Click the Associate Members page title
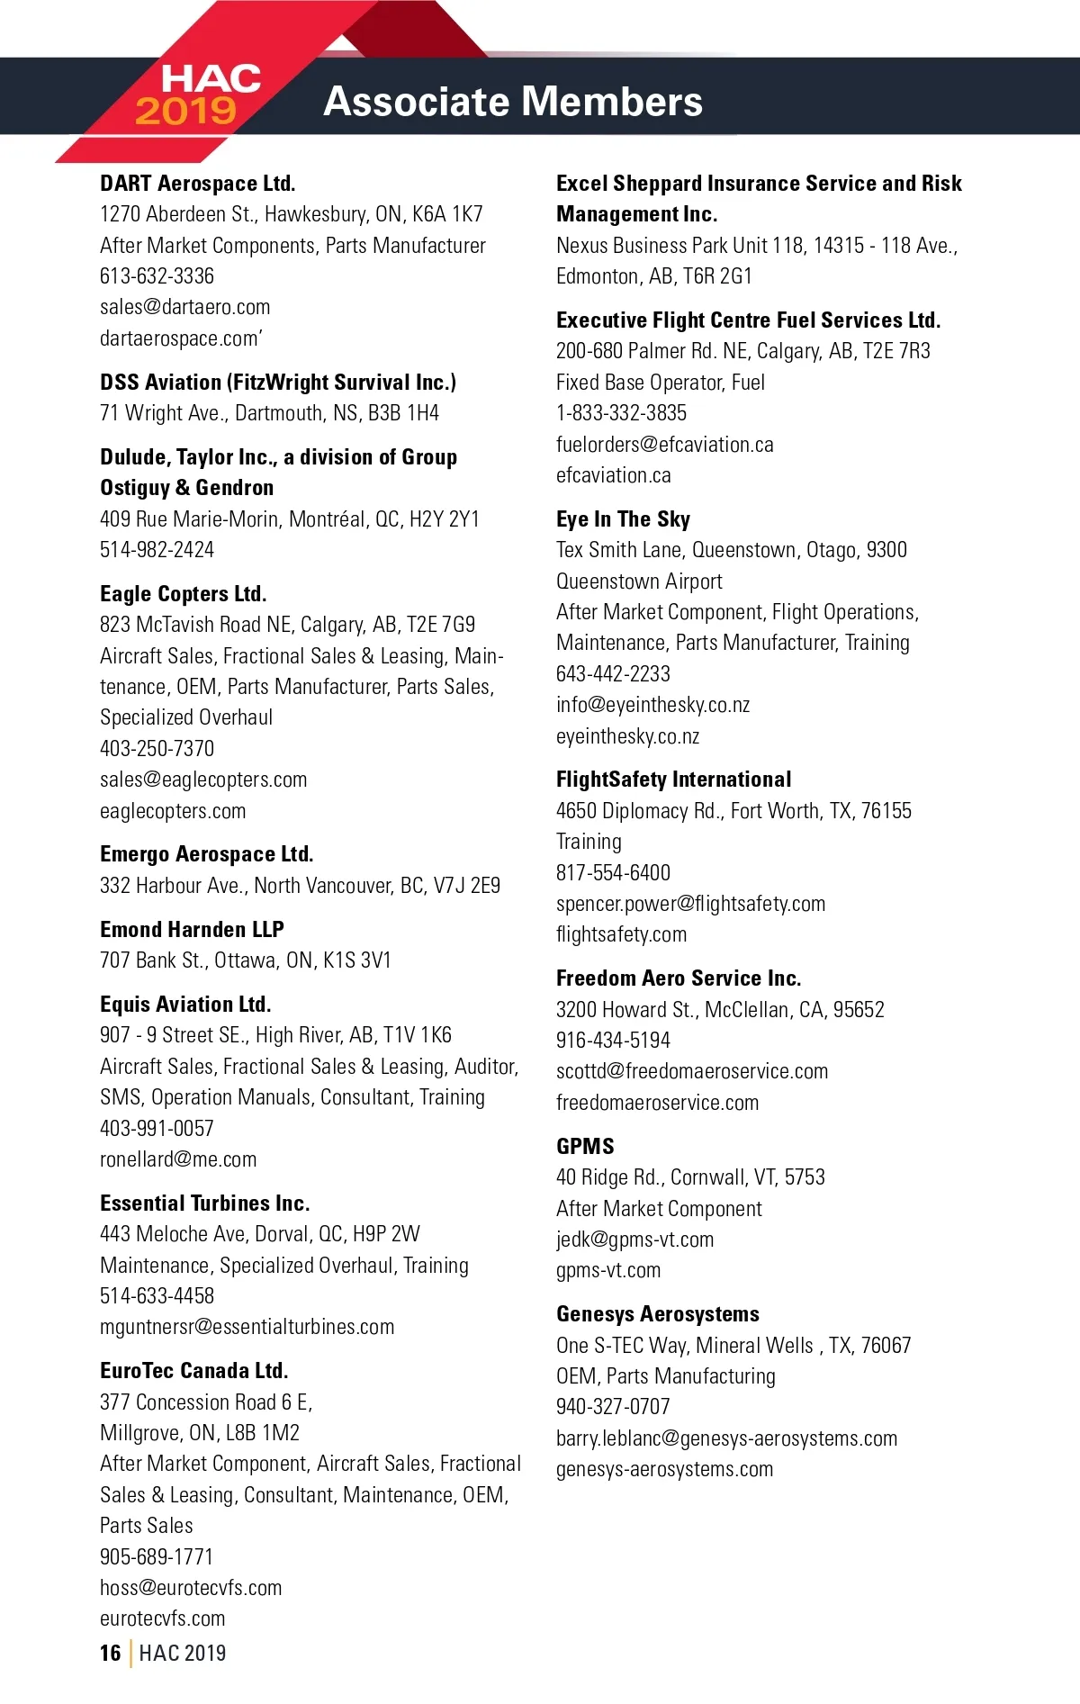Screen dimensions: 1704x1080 [512, 102]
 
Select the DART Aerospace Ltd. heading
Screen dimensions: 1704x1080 [198, 184]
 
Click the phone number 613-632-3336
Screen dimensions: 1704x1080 [157, 276]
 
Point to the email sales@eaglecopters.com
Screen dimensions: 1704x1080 [203, 780]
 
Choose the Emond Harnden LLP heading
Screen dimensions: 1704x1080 [192, 930]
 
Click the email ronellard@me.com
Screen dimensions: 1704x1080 [178, 1159]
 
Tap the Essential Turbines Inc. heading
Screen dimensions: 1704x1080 [205, 1204]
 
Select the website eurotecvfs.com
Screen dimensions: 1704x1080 [163, 1618]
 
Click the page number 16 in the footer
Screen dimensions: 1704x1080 [110, 1654]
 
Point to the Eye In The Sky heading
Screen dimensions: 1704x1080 [623, 519]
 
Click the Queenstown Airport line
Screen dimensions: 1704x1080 [639, 582]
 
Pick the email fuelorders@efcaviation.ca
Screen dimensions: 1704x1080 [664, 445]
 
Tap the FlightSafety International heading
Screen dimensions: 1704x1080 [673, 780]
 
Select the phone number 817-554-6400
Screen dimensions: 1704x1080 [613, 873]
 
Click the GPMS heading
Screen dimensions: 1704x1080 [585, 1147]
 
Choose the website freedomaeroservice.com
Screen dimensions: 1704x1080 [657, 1103]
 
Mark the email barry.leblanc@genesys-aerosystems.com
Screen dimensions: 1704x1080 [726, 1438]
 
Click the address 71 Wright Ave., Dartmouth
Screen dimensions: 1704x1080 [269, 413]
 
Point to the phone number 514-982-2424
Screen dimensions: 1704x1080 [157, 550]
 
